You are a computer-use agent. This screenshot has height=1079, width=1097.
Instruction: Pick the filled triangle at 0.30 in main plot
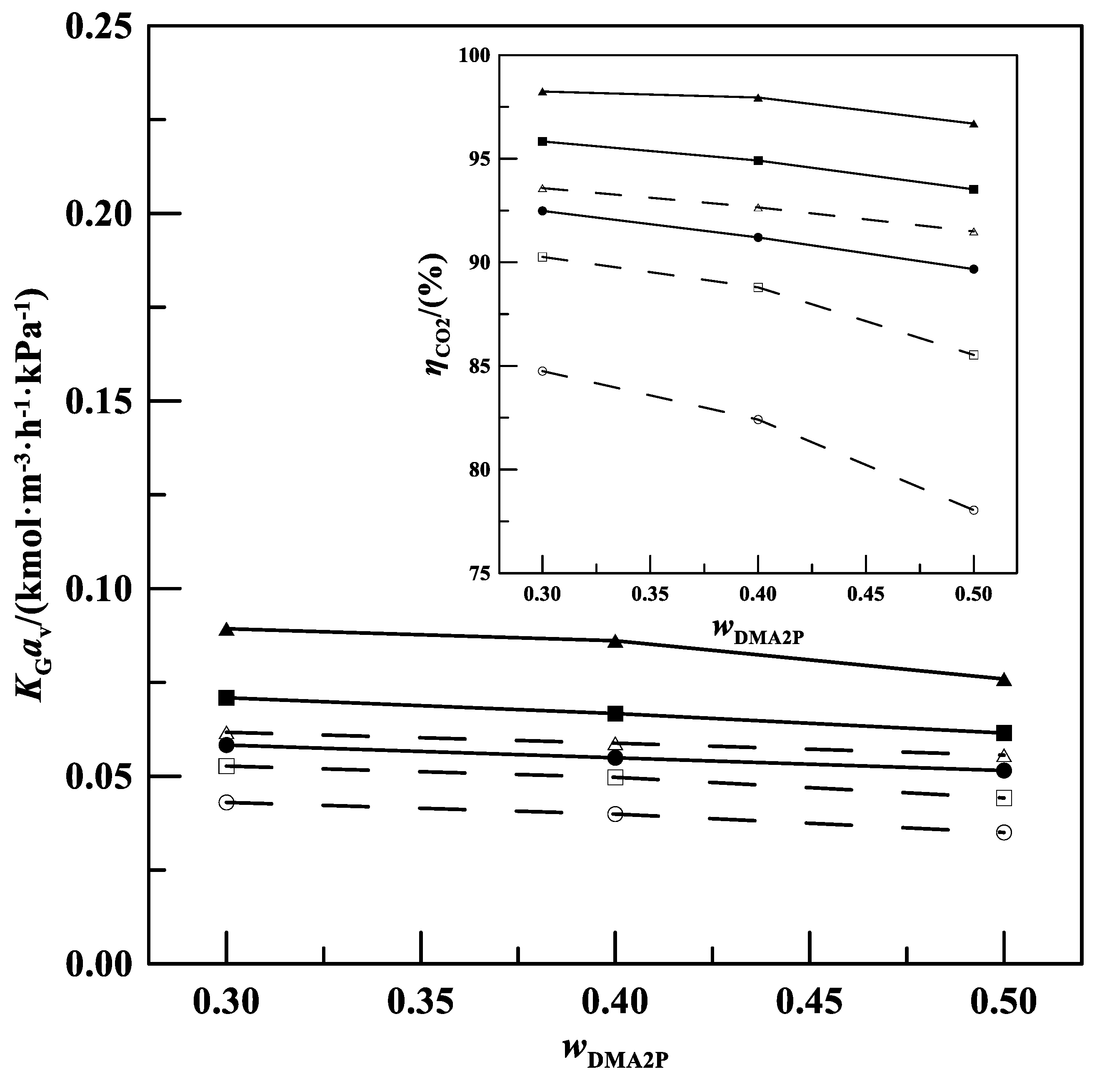tap(227, 629)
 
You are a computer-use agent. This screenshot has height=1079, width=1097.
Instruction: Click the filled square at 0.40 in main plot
tap(615, 714)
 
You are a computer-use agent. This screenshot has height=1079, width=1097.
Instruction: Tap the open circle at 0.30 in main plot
tap(227, 802)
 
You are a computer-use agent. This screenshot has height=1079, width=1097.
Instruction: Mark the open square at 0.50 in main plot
tap(1004, 798)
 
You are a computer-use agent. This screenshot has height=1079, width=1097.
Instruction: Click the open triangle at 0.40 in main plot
tap(615, 743)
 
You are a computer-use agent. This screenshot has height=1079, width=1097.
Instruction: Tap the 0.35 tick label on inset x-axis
tap(650, 594)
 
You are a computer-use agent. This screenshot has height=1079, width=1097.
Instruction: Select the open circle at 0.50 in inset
tap(974, 510)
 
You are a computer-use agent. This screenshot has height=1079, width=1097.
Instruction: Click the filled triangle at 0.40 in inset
tap(758, 97)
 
